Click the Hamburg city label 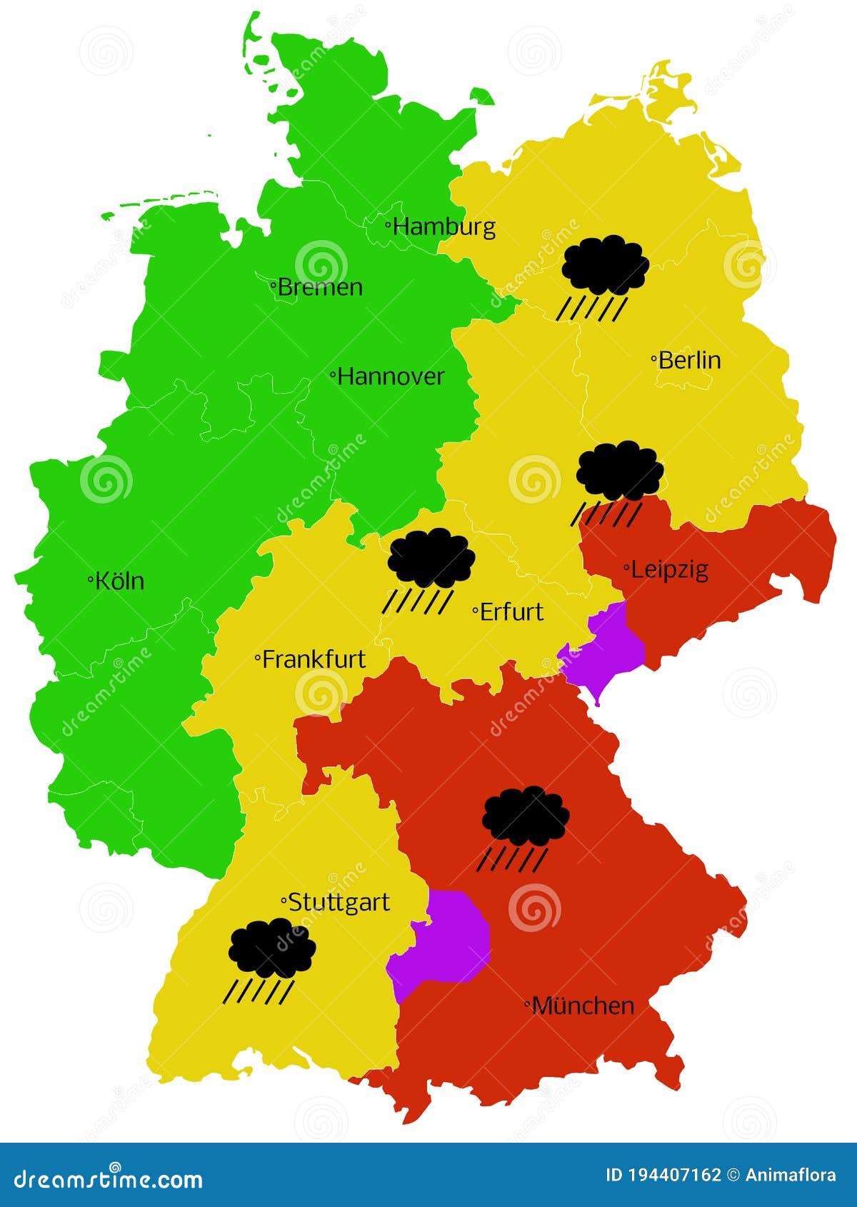pos(443,227)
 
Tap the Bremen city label pos(319,287)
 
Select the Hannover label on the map pos(390,376)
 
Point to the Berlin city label pos(689,360)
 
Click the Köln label pos(119,581)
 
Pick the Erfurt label pos(511,612)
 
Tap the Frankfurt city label pos(314,659)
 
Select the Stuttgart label pos(339,902)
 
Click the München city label pos(583,1006)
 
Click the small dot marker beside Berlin pos(653,359)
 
